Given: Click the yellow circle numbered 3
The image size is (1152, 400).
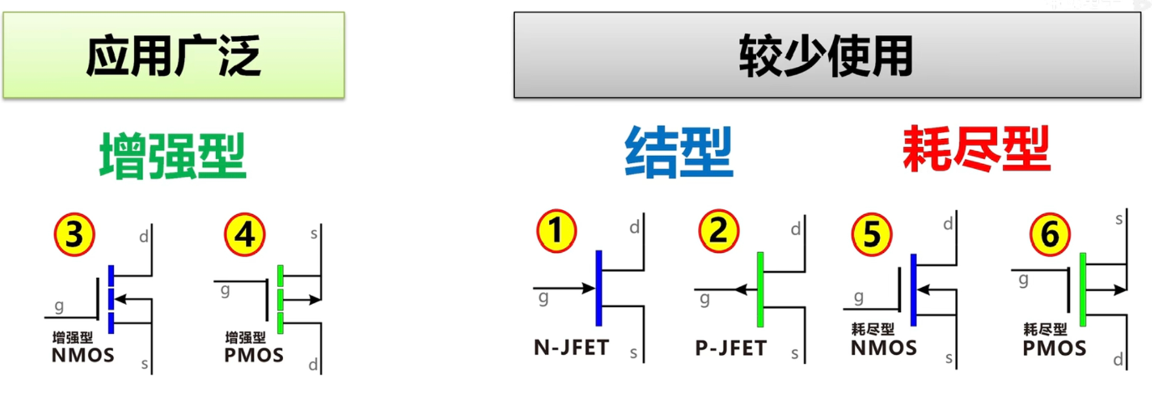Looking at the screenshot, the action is [75, 235].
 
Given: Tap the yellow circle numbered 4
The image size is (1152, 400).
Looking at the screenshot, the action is [244, 235].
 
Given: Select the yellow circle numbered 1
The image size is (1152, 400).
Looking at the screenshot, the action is [557, 230].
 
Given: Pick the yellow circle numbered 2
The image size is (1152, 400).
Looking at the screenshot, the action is [718, 230].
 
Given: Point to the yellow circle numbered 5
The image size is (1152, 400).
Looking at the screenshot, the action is [872, 234].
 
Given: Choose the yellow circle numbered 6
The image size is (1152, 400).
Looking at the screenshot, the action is [1050, 234].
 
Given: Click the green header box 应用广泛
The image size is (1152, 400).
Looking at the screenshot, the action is [174, 55].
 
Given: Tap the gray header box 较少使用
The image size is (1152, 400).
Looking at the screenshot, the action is [827, 55].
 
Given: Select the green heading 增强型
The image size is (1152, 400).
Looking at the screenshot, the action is [173, 156].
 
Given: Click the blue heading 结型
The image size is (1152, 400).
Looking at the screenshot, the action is [679, 152].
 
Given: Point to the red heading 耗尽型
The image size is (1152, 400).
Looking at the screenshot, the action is [977, 149].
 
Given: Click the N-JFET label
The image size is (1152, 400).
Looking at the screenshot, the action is [571, 348].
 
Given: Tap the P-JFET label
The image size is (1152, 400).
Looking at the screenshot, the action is [731, 348].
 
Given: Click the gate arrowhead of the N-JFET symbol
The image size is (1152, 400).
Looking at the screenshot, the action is [589, 288].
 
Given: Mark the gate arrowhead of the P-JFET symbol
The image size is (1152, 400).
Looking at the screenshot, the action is [741, 290].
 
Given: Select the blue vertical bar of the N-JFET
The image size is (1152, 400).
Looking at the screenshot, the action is [599, 288].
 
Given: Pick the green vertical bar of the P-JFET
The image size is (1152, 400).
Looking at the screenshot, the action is [760, 290].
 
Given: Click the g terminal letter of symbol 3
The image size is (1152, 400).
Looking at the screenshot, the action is [59, 307].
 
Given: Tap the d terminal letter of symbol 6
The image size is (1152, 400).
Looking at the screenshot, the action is [1118, 359].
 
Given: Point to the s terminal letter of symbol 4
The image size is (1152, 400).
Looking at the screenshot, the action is [314, 234].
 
